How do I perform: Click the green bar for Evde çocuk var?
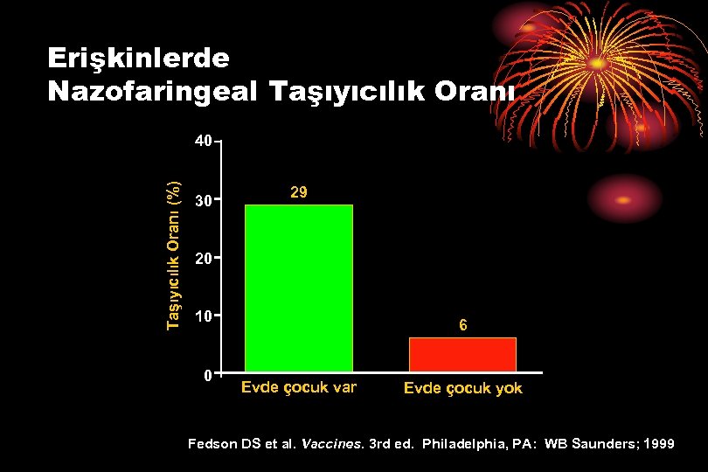coord(298,288)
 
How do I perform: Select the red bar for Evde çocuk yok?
coord(462,354)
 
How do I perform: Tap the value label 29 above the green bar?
coord(298,191)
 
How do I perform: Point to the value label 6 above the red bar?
coord(463,325)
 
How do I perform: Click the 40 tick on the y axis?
coord(203,141)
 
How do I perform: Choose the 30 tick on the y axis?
coord(203,200)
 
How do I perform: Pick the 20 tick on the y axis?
coord(203,259)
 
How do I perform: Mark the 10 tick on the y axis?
coord(203,316)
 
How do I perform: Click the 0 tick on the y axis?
coord(206,375)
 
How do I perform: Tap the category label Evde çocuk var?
coord(298,387)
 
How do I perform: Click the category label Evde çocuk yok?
coord(462,388)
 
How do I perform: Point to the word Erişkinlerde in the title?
coord(138,58)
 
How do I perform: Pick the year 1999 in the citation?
coord(657,444)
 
